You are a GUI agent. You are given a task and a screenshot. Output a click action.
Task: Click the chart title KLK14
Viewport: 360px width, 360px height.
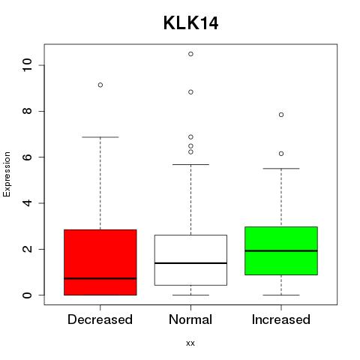point(190,23)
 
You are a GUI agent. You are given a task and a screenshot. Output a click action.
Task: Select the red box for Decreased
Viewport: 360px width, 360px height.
point(100,262)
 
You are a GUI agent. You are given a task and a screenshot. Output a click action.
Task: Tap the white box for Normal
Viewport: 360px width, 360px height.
point(190,260)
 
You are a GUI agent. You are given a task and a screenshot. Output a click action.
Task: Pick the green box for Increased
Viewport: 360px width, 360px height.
point(281,250)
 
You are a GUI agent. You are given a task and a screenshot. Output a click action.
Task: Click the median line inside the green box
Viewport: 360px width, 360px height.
point(281,250)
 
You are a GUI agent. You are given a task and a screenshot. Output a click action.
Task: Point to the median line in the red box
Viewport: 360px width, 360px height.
point(100,278)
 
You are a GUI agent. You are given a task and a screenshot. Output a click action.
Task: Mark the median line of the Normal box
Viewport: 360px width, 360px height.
point(190,263)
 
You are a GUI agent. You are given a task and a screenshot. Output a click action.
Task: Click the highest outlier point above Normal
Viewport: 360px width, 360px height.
point(190,54)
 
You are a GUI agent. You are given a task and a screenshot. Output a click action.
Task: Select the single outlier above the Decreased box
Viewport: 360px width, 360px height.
point(100,85)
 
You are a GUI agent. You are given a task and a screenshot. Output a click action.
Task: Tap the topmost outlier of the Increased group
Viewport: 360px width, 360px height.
point(281,115)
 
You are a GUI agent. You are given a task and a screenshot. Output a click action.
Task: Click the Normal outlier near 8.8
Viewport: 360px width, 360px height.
point(190,92)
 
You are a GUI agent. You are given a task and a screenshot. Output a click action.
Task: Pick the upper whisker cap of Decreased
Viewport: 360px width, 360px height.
point(100,137)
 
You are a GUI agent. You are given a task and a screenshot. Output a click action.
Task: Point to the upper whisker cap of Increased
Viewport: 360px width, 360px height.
point(281,169)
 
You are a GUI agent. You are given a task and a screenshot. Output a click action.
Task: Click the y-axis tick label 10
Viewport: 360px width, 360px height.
point(27,65)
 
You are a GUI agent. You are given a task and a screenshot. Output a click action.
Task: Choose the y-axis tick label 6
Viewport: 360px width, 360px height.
point(27,157)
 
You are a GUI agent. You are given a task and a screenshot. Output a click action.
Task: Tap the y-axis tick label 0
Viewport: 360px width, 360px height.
point(27,295)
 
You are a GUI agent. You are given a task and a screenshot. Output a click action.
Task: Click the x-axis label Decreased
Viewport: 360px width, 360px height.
point(100,319)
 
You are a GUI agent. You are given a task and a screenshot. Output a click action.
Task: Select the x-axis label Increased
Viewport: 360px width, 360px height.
point(281,319)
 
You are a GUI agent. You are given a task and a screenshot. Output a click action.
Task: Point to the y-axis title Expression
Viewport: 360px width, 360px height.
point(7,174)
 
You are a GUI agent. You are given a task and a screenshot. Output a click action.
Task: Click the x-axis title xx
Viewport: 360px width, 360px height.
point(190,343)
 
